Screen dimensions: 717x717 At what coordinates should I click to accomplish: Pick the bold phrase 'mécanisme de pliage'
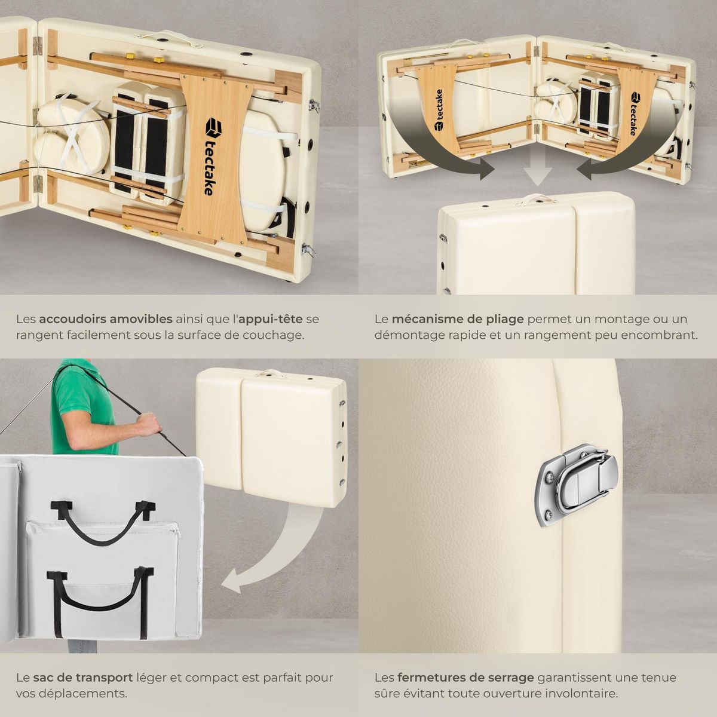point(458,319)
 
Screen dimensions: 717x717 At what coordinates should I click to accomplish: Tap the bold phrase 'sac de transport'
point(82,678)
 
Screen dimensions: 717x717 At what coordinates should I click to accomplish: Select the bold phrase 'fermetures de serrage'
point(465,678)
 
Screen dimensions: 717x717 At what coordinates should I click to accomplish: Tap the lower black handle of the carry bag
point(99,597)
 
